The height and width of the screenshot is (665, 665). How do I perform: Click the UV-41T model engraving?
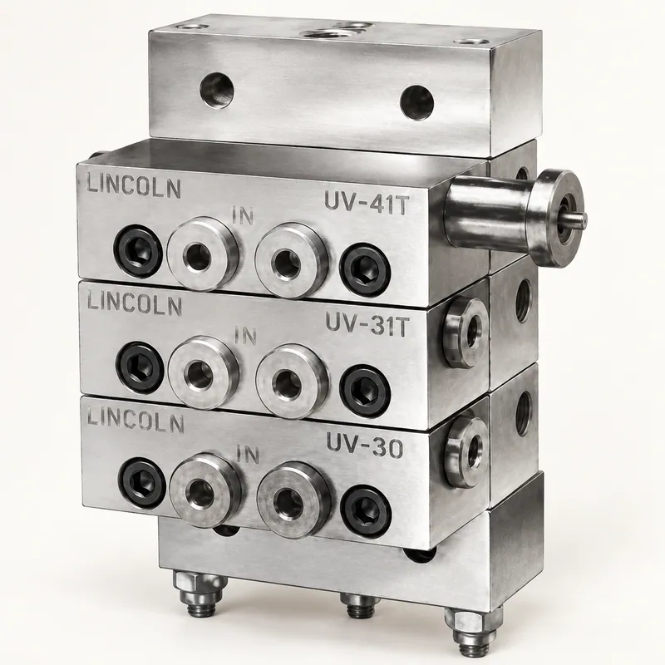click(366, 202)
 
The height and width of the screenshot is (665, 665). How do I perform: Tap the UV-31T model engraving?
click(367, 324)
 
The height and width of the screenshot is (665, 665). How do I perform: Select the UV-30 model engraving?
click(364, 446)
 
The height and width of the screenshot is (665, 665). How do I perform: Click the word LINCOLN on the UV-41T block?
click(134, 186)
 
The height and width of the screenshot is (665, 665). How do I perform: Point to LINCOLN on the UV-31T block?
click(135, 303)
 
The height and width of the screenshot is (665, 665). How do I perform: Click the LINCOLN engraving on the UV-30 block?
click(135, 421)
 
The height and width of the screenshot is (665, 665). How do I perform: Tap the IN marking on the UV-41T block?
click(243, 215)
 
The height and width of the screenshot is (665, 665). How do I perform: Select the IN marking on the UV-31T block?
click(245, 336)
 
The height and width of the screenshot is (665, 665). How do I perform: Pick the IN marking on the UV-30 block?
click(248, 454)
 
